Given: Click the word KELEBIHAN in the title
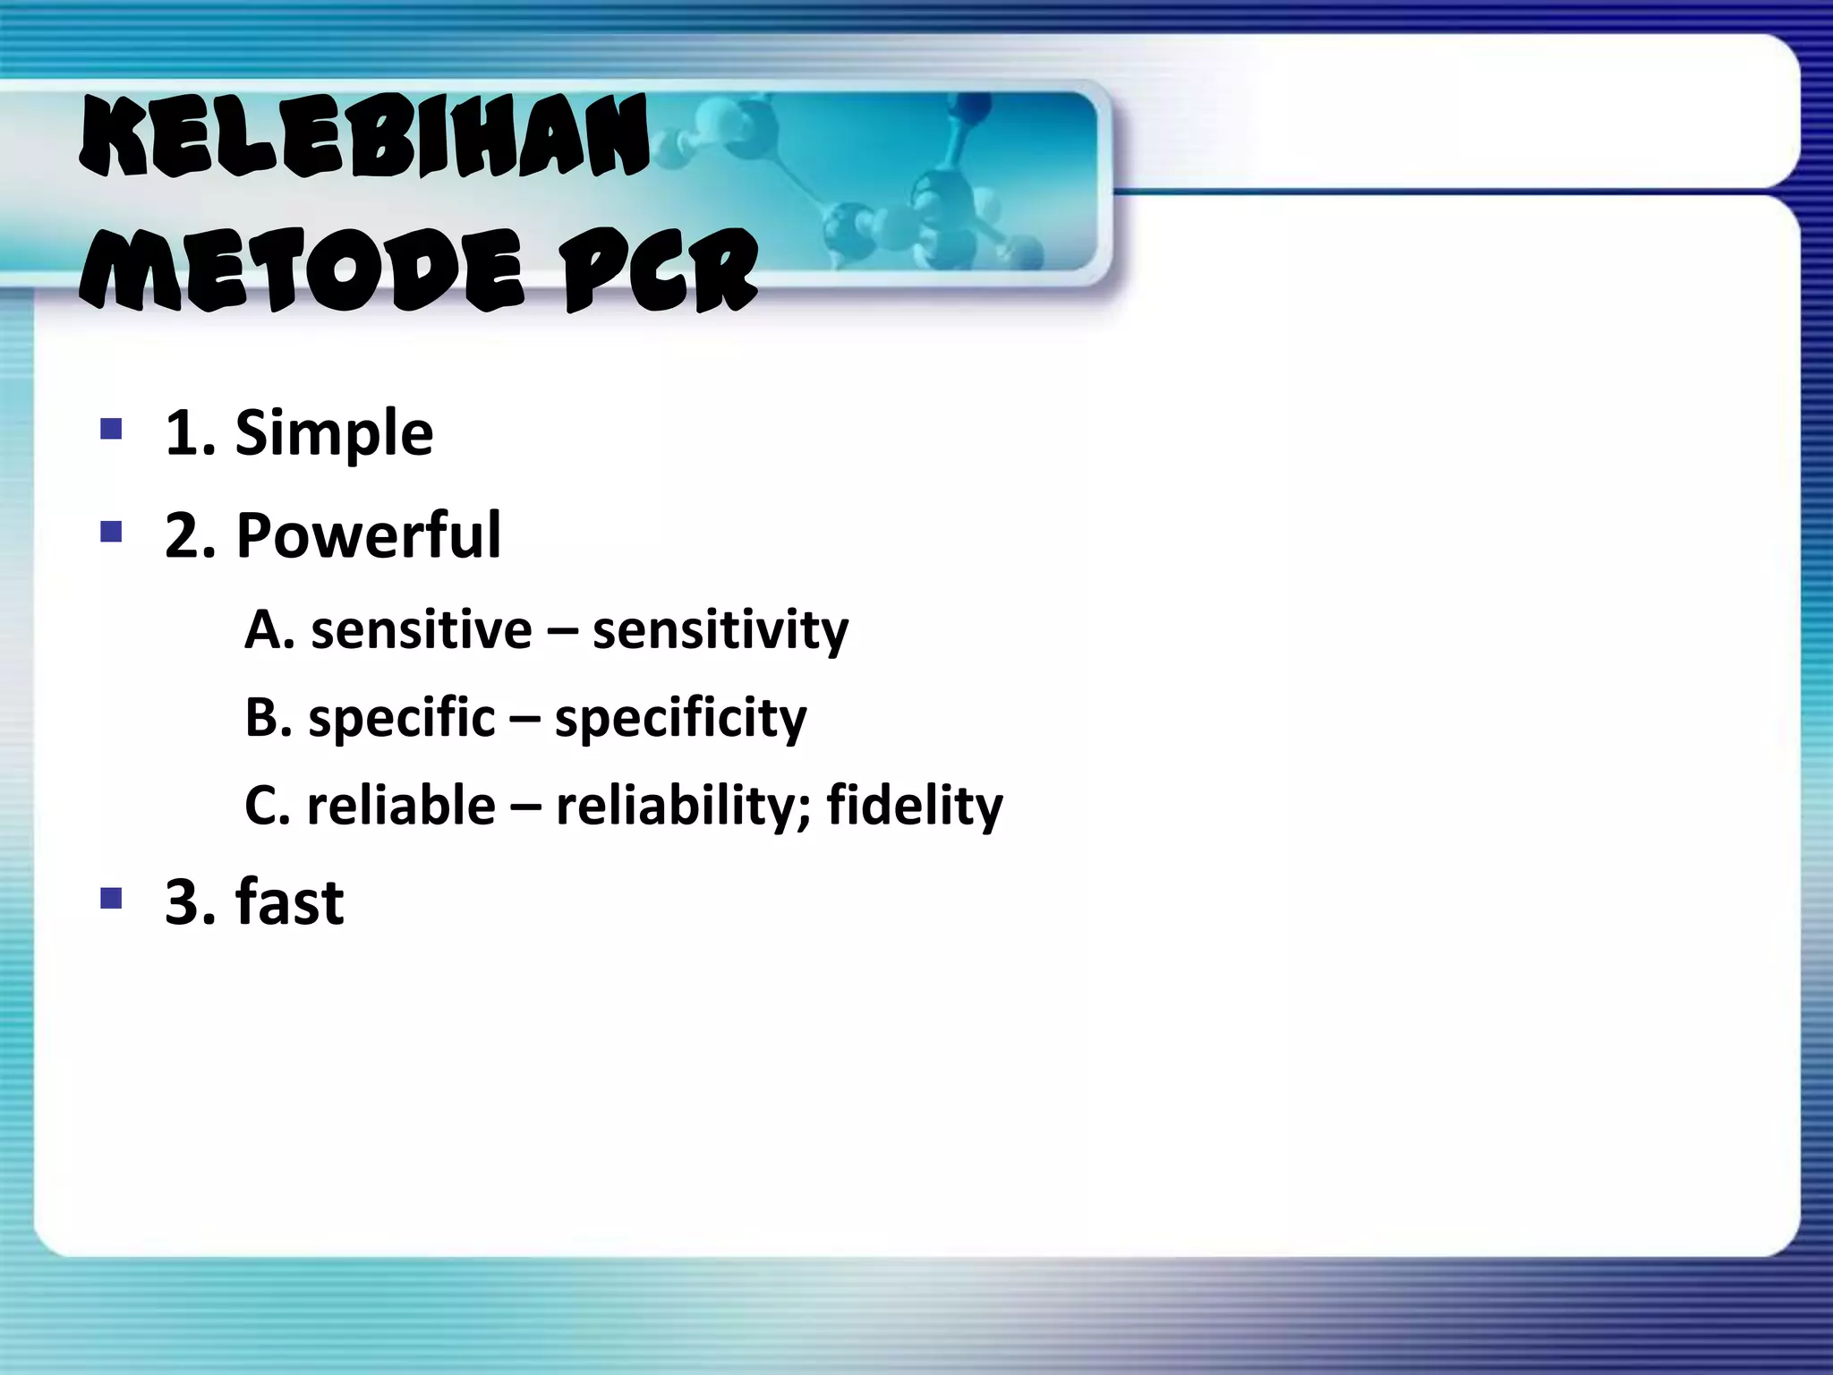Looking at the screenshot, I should [365, 137].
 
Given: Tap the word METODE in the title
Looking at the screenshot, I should [303, 269].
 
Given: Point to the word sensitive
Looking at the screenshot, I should [421, 630].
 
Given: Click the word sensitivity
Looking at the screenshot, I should [720, 630].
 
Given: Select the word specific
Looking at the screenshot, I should [401, 719].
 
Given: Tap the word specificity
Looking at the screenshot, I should [680, 719].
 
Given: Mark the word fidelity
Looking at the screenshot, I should [915, 806].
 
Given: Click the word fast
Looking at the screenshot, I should [289, 901].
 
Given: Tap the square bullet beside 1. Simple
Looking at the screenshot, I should [111, 430].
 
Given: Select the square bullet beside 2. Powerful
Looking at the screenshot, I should [111, 534].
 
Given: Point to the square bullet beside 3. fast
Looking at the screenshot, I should [111, 897].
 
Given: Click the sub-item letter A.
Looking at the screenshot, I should [265, 630].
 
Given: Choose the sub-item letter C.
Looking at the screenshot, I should [263, 806].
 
